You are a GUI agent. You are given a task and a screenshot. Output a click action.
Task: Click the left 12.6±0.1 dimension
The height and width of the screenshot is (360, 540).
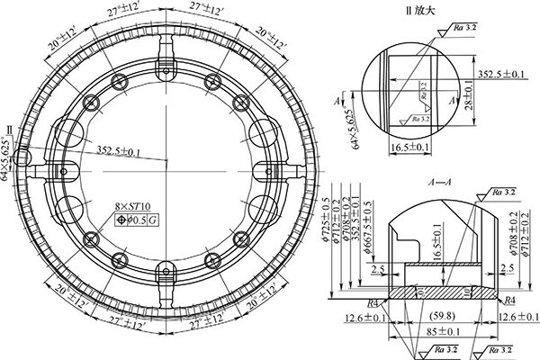coord(364,316)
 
